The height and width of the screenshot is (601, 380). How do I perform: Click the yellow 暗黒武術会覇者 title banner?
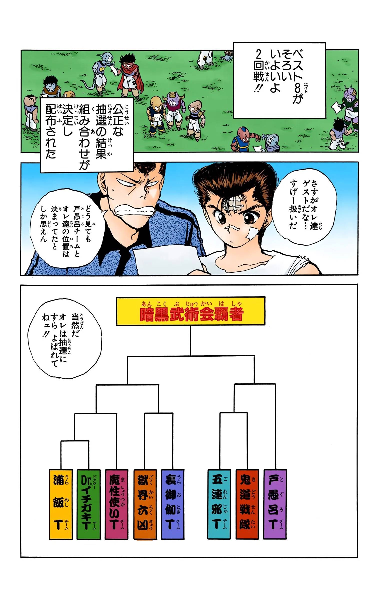coord(191,311)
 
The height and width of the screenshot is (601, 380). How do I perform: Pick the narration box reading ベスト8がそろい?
coord(279,80)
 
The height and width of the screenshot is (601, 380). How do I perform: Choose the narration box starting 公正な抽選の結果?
coord(87,135)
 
